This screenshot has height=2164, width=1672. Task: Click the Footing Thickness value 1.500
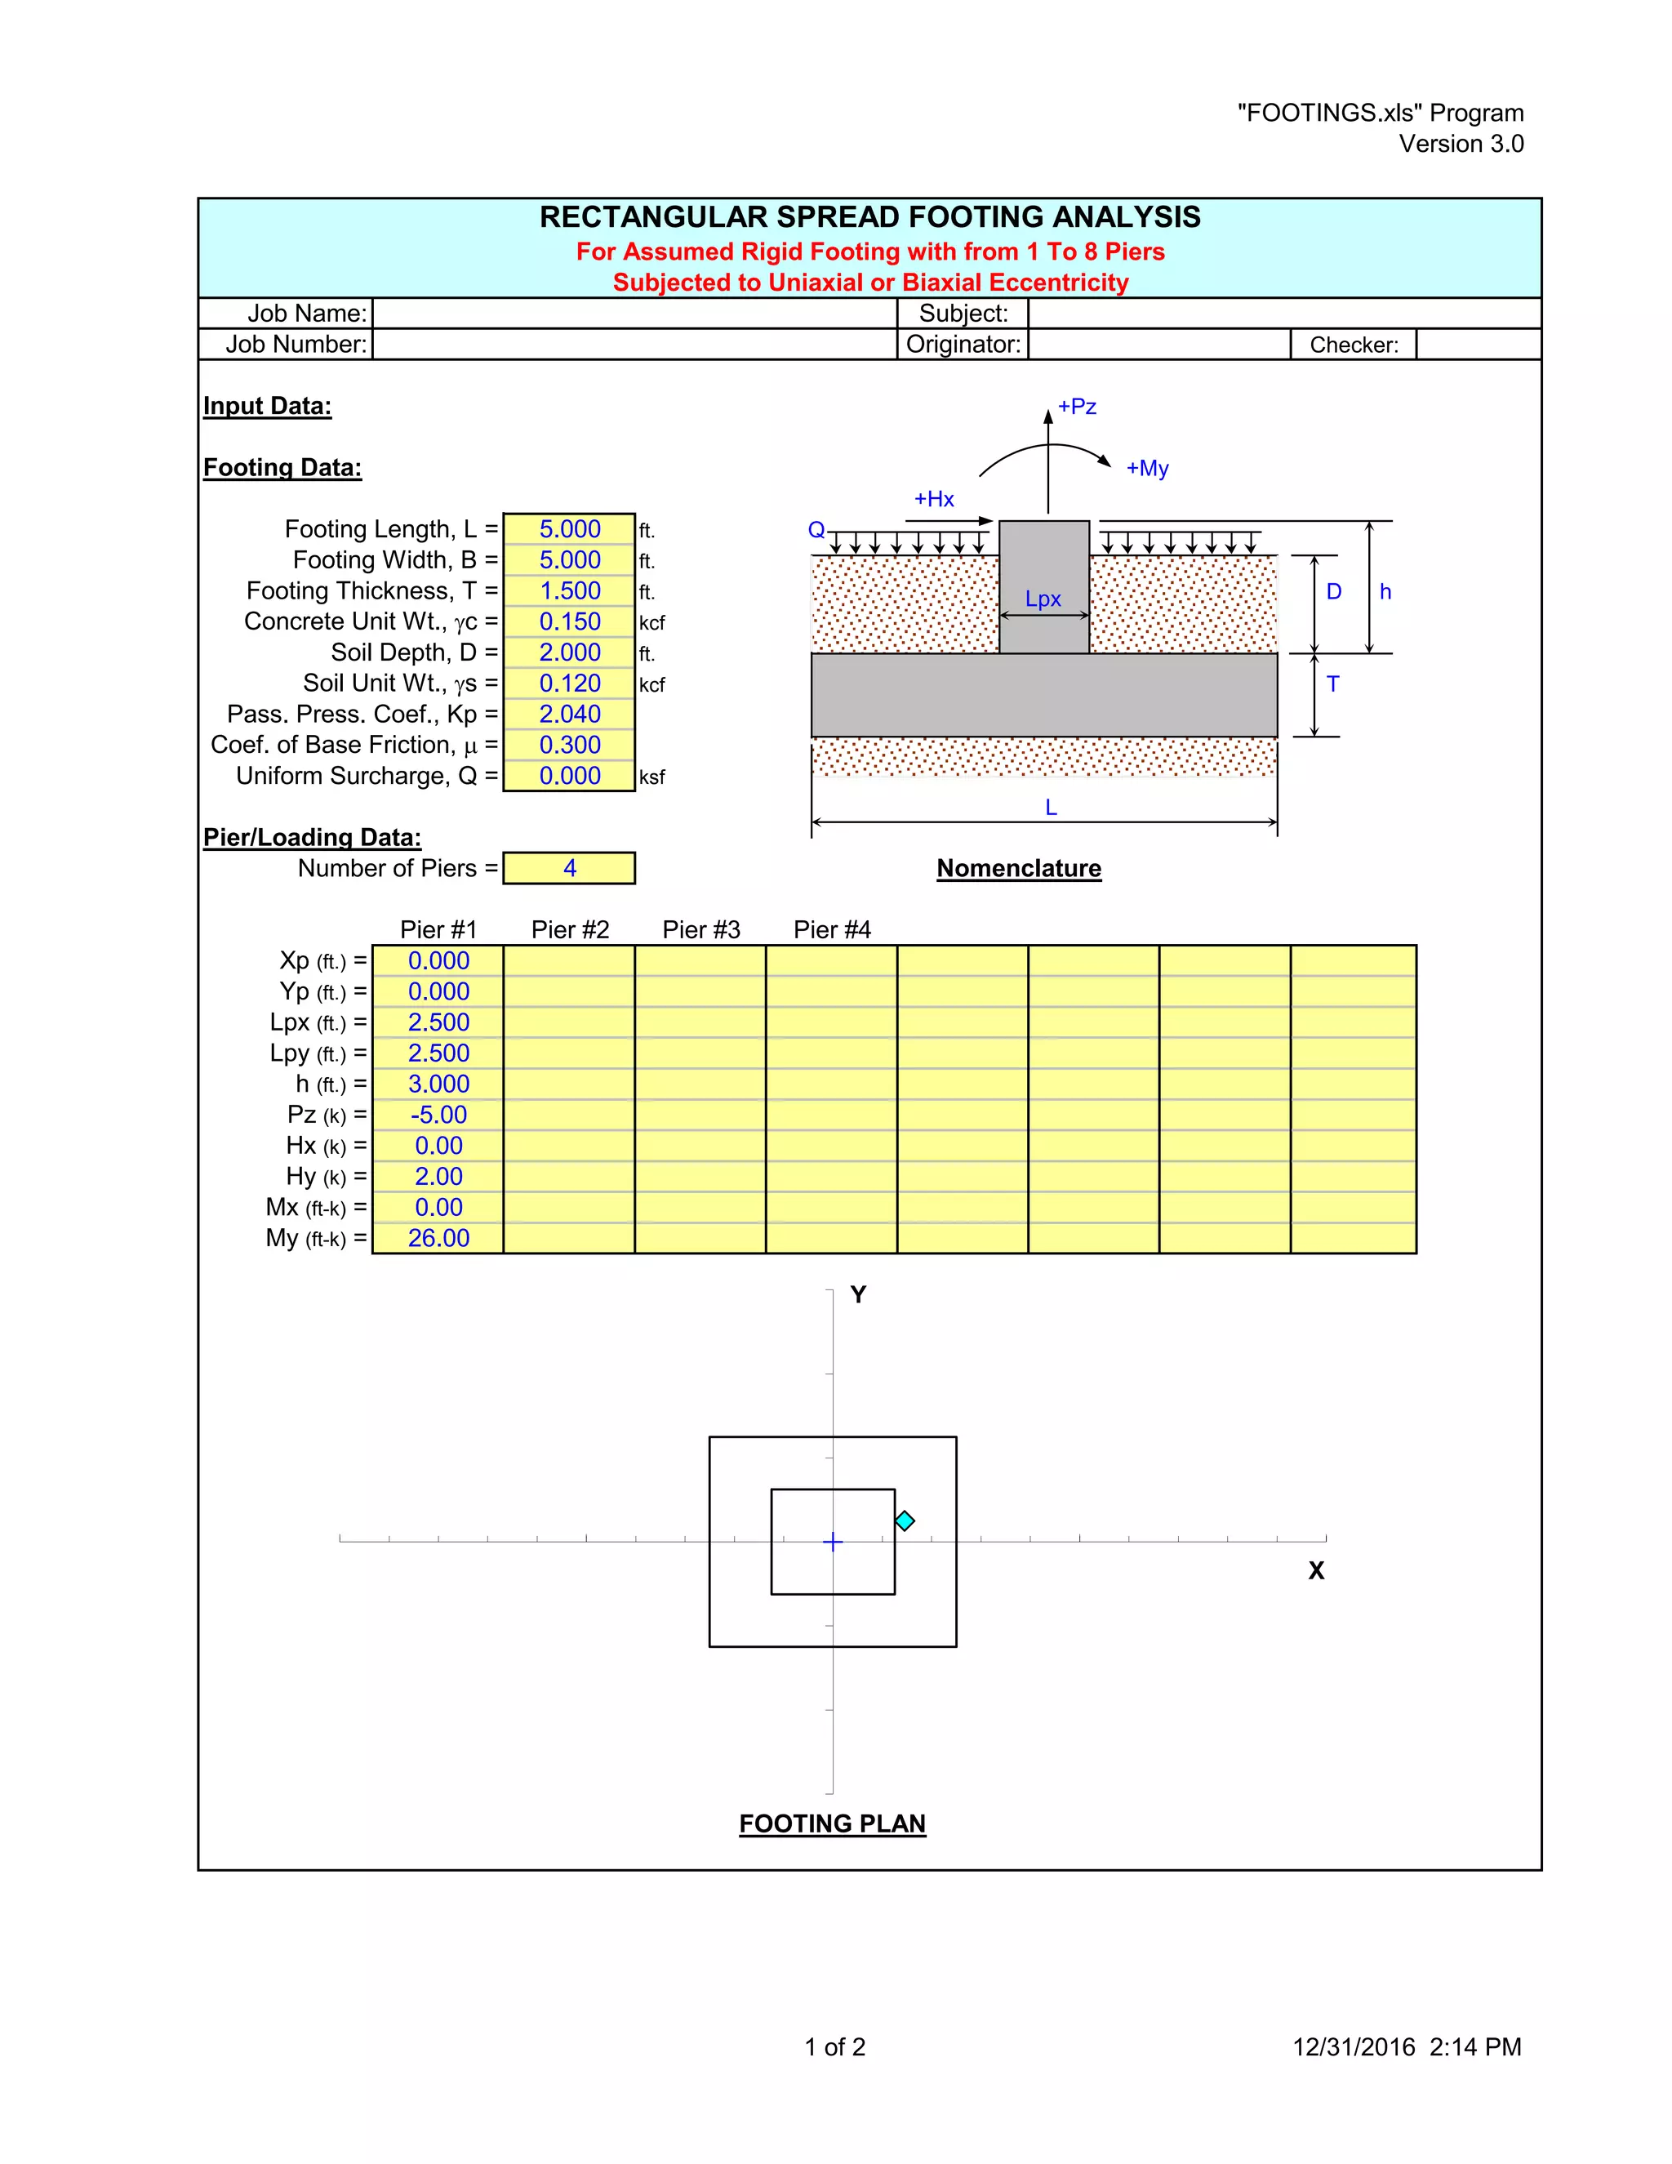coord(570,591)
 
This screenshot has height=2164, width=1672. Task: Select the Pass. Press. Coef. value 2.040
coord(570,715)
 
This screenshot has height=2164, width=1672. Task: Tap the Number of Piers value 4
coord(570,868)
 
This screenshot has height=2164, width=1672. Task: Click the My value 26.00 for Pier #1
coord(438,1239)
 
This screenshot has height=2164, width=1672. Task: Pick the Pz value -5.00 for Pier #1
coord(438,1115)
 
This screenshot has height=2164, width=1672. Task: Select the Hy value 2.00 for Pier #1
coord(438,1176)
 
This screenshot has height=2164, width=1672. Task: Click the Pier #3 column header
coord(700,929)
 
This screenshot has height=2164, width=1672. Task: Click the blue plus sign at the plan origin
coord(833,1542)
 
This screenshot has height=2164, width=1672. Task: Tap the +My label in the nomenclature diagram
coord(1147,469)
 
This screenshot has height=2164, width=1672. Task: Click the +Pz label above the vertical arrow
coord(1077,406)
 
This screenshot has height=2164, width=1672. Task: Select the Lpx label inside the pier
coord(1043,599)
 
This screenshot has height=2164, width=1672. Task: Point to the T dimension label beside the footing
coord(1333,684)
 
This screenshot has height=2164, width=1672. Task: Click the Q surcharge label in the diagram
coord(816,530)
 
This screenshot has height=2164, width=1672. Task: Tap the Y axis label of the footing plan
coord(858,1295)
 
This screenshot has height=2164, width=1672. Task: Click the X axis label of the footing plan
coord(1315,1570)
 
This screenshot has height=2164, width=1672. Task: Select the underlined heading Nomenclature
coord(1018,868)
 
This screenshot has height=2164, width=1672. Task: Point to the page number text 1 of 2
coord(834,2047)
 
